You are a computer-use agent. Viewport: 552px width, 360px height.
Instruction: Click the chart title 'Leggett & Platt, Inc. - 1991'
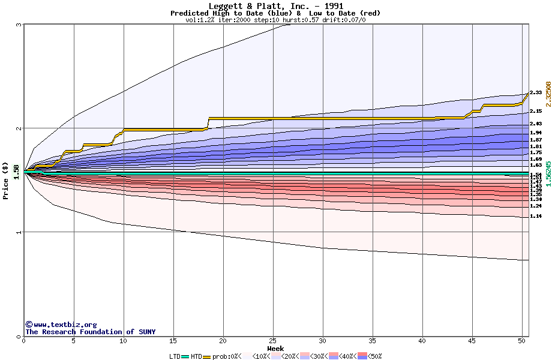click(x=275, y=6)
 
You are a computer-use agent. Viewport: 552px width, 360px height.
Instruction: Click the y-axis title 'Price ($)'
click(x=5, y=181)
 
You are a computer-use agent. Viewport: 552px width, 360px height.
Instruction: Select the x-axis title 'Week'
click(x=275, y=348)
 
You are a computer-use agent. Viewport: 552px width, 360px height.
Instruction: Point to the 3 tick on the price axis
click(x=19, y=25)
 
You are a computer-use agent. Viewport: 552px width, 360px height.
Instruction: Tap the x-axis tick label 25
click(x=273, y=341)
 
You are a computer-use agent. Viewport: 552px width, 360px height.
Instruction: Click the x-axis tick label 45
click(x=472, y=341)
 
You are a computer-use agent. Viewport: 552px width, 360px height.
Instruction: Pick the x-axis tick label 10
click(x=124, y=341)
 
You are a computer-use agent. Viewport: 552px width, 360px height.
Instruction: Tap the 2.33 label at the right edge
click(x=536, y=92)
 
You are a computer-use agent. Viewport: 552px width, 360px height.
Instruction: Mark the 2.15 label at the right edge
click(x=536, y=111)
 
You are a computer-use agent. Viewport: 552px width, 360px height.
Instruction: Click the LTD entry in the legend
click(x=175, y=356)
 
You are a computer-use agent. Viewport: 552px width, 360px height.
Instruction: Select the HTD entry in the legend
click(x=197, y=356)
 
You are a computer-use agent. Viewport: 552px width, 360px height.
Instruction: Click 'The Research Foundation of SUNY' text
click(x=90, y=332)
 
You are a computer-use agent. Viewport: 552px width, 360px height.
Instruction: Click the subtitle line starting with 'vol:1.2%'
click(x=275, y=20)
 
